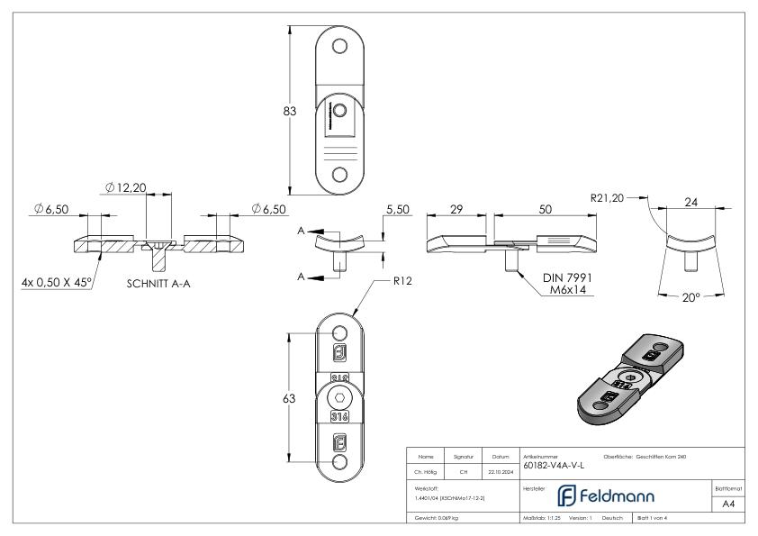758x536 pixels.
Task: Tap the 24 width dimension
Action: point(691,203)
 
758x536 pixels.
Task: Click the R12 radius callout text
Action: point(402,280)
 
